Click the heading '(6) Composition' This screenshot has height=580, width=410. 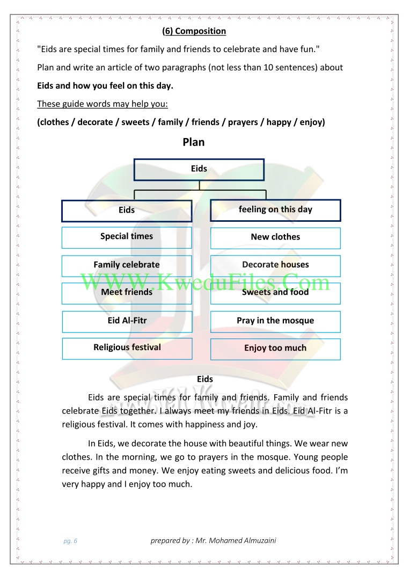point(194,31)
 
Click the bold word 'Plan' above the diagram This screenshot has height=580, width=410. point(194,142)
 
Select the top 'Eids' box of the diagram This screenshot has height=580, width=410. point(199,169)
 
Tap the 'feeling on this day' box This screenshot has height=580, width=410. point(275,210)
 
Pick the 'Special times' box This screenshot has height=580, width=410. point(127,237)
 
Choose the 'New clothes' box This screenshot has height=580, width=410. point(275,237)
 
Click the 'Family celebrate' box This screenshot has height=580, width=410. point(127,265)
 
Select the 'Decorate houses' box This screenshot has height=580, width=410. point(275,265)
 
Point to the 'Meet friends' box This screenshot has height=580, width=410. point(127,293)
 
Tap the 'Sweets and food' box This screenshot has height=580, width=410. point(275,293)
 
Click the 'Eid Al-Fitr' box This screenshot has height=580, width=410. point(127,321)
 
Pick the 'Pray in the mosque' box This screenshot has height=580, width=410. point(275,321)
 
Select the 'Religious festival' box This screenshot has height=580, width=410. point(127,348)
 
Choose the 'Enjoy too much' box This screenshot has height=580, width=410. point(275,349)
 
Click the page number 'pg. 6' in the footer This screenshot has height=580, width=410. point(70,541)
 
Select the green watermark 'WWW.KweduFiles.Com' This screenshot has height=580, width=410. point(206,282)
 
